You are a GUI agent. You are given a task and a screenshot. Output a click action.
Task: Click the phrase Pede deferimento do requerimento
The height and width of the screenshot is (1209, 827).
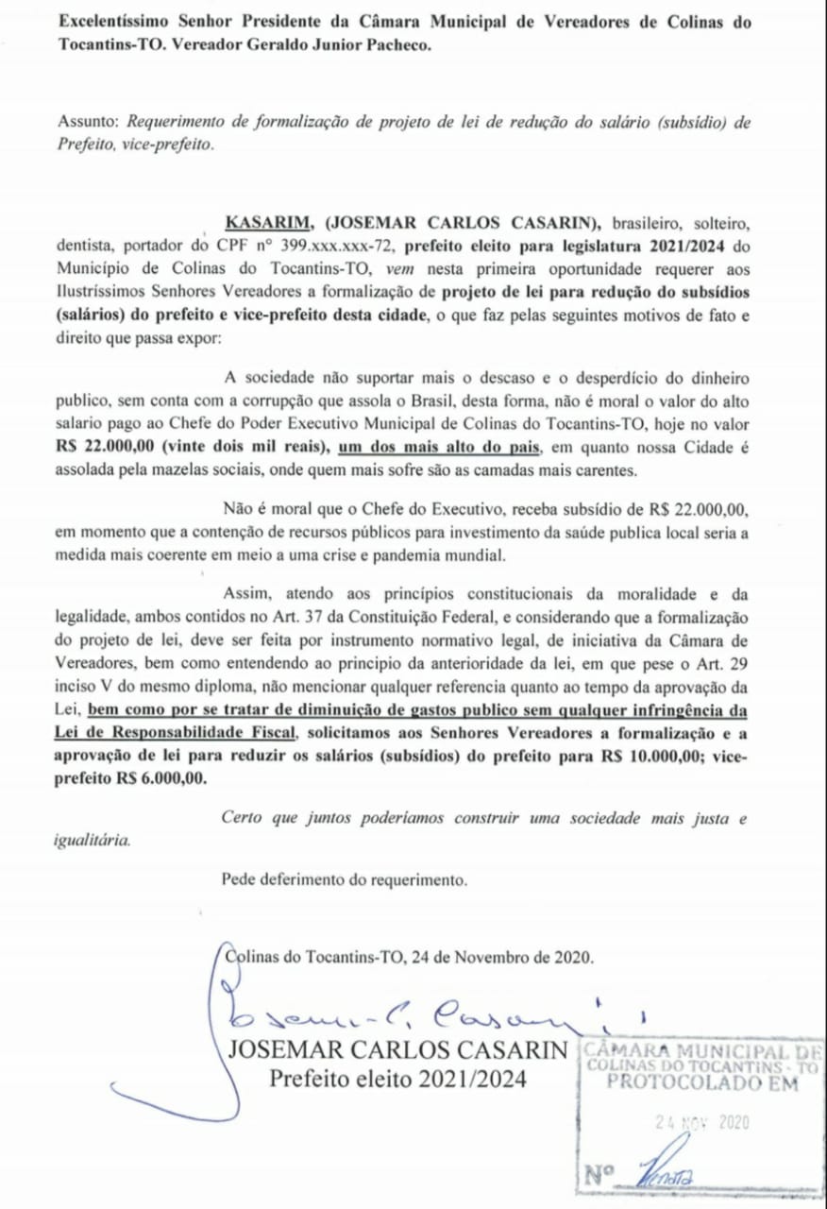[x=345, y=881]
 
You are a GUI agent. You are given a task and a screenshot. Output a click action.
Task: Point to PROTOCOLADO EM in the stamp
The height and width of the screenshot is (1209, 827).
[x=702, y=1083]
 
